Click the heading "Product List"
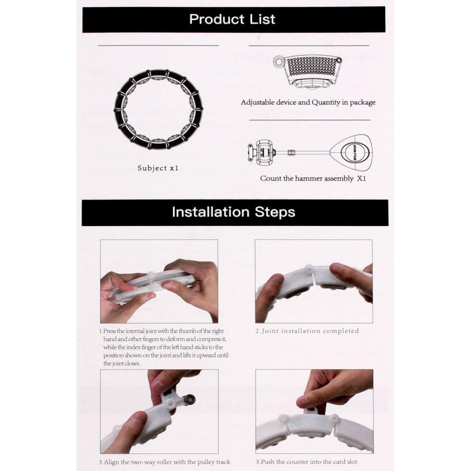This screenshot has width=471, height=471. click(232, 19)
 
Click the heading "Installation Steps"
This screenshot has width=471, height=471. click(234, 212)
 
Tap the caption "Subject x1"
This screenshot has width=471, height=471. click(158, 168)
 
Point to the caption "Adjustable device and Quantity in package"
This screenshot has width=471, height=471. click(308, 102)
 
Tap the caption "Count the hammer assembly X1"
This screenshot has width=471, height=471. click(313, 178)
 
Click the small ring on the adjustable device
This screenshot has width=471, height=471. click(278, 61)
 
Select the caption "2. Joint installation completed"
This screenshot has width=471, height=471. click(307, 331)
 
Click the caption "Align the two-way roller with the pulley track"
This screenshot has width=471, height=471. click(167, 462)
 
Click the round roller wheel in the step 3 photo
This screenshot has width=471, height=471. click(189, 400)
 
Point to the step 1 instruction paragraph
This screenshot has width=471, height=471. click(164, 347)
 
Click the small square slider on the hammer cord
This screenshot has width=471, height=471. click(291, 152)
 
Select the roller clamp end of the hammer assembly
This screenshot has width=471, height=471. click(261, 152)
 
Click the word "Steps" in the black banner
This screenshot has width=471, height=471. click(275, 213)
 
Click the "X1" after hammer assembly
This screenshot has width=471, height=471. click(361, 178)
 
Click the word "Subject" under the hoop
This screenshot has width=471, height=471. click(152, 168)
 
